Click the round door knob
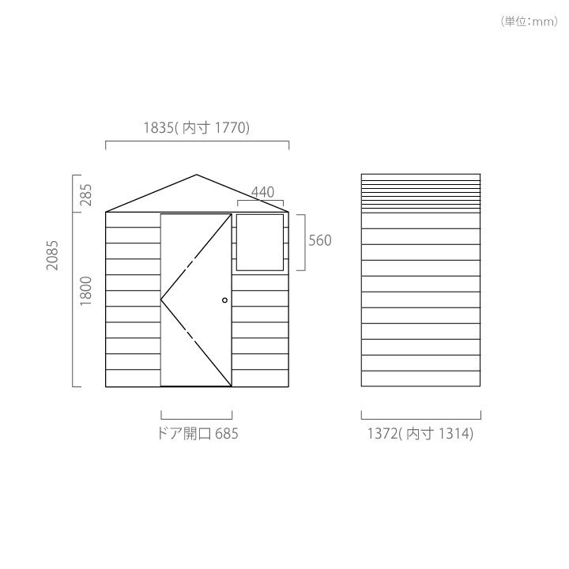pos(224,300)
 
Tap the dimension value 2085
pos(53,255)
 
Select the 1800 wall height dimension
pos(86,291)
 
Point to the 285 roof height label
pos(86,195)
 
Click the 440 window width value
pos(262,192)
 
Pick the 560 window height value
pos(320,240)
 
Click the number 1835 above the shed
pos(158,128)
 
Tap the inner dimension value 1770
pos(231,128)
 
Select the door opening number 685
pos(227,434)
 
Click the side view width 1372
pos(382,434)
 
